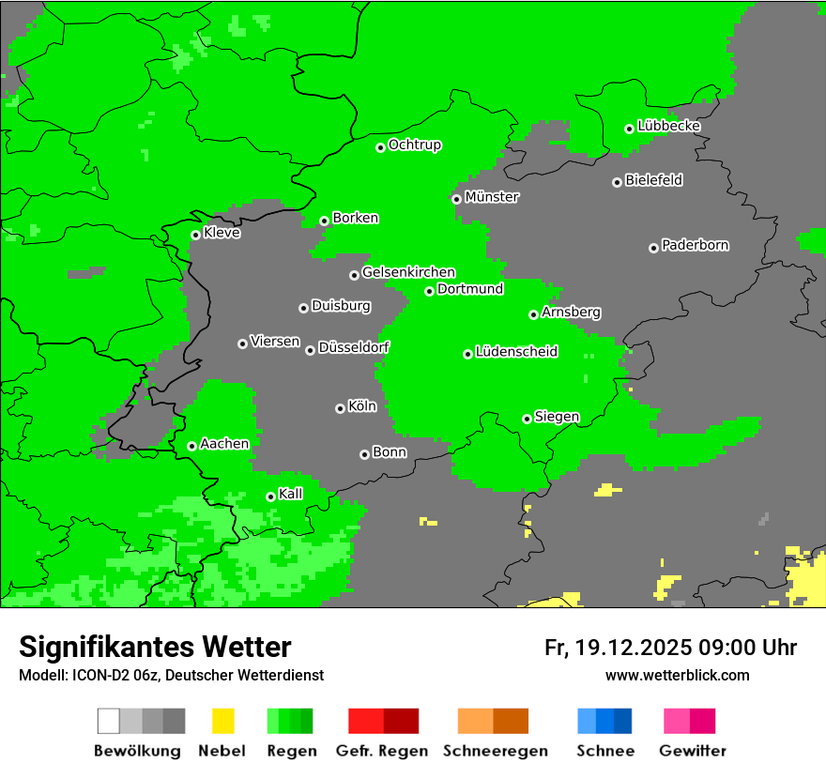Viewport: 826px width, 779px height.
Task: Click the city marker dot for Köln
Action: [x=340, y=408]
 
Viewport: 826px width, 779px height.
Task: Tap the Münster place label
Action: [x=492, y=197]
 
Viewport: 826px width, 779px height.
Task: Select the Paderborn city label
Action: [x=695, y=245]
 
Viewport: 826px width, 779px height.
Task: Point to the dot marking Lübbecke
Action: [x=630, y=129]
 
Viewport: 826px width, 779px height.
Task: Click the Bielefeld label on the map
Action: [x=653, y=180]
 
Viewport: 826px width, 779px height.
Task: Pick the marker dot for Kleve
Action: [x=195, y=235]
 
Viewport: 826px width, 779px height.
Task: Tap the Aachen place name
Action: [x=224, y=444]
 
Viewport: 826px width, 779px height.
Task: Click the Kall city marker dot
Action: [x=270, y=496]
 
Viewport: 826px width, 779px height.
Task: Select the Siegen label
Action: [x=557, y=417]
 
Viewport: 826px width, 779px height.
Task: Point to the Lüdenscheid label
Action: [x=516, y=352]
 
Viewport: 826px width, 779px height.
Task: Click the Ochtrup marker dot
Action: [x=380, y=147]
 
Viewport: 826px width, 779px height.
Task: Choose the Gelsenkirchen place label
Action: [x=408, y=272]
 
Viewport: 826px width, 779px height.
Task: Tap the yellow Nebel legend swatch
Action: [x=222, y=721]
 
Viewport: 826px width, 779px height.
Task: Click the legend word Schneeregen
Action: [x=495, y=751]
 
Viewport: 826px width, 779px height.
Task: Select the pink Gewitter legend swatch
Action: [x=677, y=721]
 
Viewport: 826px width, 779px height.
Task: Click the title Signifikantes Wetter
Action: [x=155, y=647]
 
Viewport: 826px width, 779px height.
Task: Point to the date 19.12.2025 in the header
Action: [x=634, y=648]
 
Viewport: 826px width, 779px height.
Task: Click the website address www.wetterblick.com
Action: [x=677, y=675]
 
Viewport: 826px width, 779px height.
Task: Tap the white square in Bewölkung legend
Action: [x=109, y=721]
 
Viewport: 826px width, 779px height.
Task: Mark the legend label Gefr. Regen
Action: [x=381, y=751]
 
